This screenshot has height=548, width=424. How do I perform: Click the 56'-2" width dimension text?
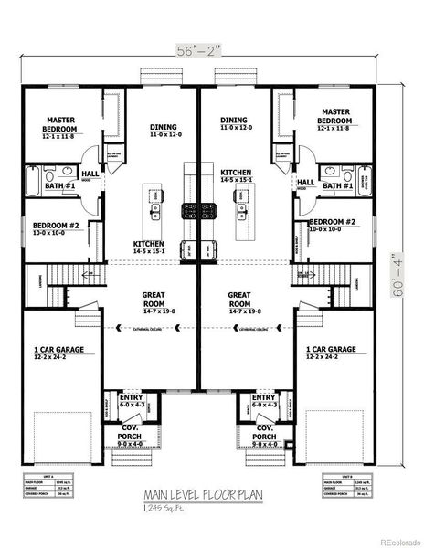point(196,54)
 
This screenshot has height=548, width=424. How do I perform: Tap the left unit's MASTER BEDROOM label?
point(53,125)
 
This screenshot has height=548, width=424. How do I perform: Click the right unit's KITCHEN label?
point(236,176)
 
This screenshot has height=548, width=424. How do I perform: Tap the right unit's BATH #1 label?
point(336,185)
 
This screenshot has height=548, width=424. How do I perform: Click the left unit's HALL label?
point(90,174)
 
